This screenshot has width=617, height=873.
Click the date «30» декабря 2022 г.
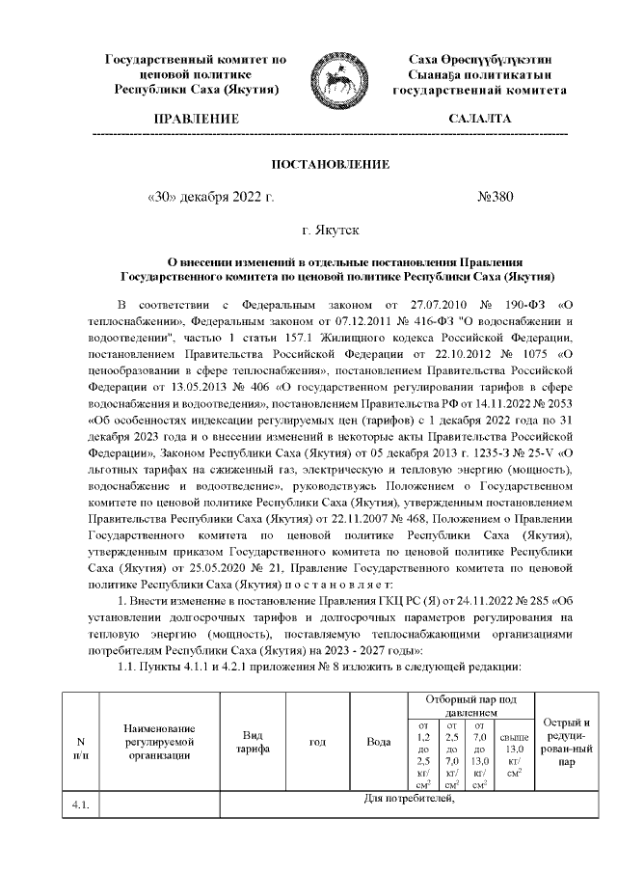(x=209, y=198)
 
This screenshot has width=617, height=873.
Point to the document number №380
(x=496, y=198)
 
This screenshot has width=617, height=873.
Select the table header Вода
(x=379, y=742)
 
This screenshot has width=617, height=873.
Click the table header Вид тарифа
(x=253, y=742)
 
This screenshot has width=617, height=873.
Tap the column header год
(x=316, y=742)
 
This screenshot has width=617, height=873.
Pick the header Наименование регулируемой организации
(x=159, y=742)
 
